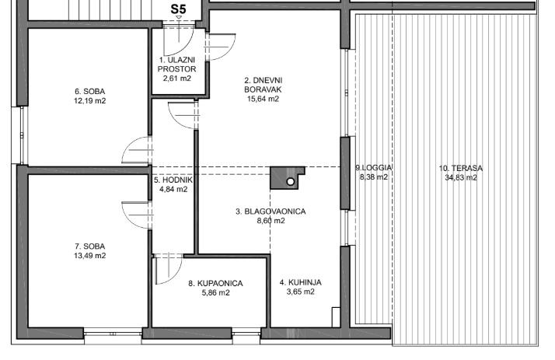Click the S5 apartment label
[x=178, y=9]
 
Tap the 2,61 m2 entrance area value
[x=177, y=79]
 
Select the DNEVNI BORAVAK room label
[x=263, y=85]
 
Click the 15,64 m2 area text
[x=263, y=99]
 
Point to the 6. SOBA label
[x=90, y=91]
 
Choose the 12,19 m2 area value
[x=90, y=100]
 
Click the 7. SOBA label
[x=90, y=246]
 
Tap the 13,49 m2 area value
[x=90, y=256]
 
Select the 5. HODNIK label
[x=173, y=180]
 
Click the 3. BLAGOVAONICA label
[x=271, y=211]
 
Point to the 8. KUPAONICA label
[x=215, y=283]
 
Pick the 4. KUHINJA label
[x=301, y=282]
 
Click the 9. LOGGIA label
[x=374, y=167]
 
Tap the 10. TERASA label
[x=461, y=168]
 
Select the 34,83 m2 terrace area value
[x=461, y=177]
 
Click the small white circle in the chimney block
[x=290, y=182]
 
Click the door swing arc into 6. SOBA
[x=128, y=145]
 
